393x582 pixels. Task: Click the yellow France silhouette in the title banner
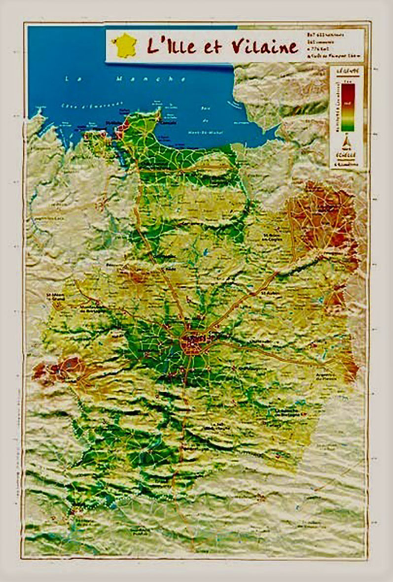[x=124, y=45]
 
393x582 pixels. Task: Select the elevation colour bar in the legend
[x=348, y=106]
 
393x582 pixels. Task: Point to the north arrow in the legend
[x=347, y=143]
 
